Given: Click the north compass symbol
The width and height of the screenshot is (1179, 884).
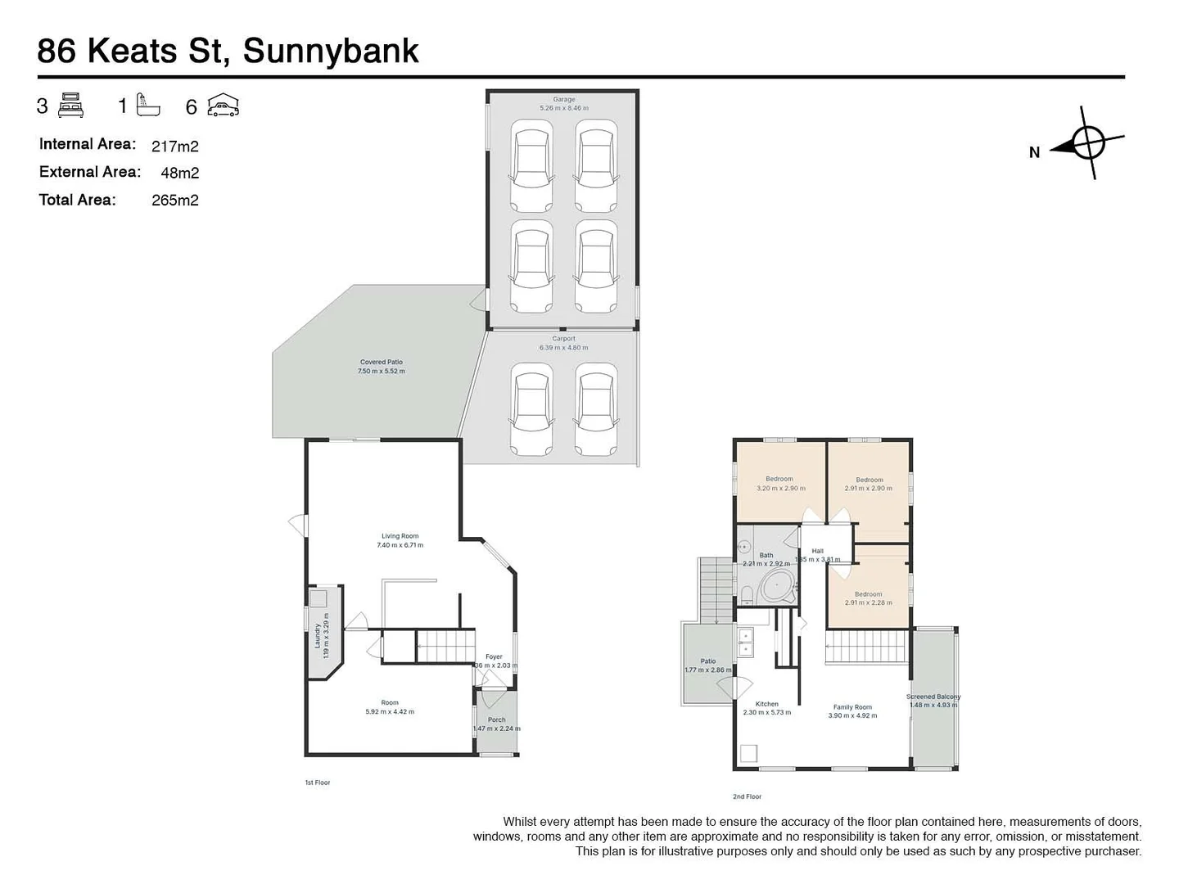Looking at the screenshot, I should coord(1087,142).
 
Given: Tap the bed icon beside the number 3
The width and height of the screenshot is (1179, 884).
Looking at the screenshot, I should coord(71,106).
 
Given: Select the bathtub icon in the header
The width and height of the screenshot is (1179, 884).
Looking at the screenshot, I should coord(148,105).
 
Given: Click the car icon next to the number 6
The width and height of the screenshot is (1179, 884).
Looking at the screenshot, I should coord(223,106).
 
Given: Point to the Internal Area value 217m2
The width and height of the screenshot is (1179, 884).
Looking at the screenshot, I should coord(175,147).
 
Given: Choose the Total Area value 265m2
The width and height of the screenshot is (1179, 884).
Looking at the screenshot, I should coord(175,201).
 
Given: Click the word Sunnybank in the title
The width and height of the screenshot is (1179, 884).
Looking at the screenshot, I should coord(331,51).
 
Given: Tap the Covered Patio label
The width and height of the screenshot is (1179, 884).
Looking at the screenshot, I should coord(382,362).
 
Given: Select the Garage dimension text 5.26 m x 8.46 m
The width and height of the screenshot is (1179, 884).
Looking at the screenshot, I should coord(563,108).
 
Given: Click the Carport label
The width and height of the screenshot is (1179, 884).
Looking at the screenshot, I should coord(563,338).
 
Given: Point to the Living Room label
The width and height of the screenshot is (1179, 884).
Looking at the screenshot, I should coord(400,536).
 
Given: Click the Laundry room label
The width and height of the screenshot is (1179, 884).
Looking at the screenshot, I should coord(318,636).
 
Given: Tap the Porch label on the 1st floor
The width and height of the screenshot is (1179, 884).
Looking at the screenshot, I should coord(496,719).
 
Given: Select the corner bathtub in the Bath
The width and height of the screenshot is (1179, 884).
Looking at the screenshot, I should coord(777,587).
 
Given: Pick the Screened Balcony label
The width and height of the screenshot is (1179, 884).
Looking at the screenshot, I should coord(933,697).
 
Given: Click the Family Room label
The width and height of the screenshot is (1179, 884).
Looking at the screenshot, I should coord(852,706).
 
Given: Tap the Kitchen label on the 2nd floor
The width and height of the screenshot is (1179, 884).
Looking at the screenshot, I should coord(767,703).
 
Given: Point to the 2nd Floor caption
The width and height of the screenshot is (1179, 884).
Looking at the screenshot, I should coord(747,796).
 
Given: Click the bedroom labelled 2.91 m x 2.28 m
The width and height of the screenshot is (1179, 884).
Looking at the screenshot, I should coord(868,598).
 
